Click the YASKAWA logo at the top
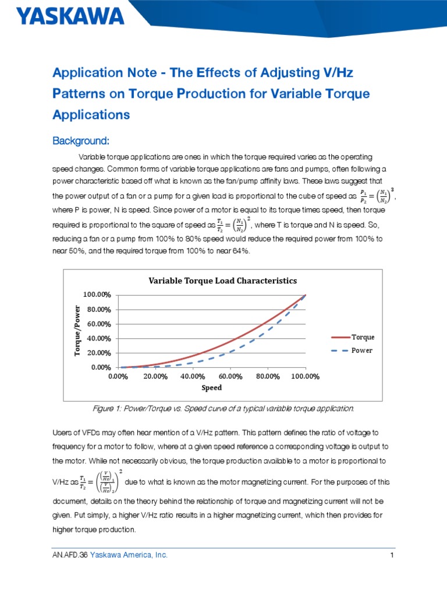(x=71, y=15)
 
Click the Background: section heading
(x=81, y=141)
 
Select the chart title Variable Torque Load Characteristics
(x=223, y=281)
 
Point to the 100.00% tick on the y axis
(x=97, y=295)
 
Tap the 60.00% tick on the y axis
(x=99, y=324)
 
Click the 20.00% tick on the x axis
(x=155, y=377)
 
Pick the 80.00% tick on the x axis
(x=268, y=377)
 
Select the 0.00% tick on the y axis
(x=101, y=367)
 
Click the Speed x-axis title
(x=212, y=388)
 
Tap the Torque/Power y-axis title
(x=77, y=331)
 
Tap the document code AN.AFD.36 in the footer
(x=70, y=555)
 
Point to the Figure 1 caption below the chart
(x=223, y=409)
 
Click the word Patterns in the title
(x=76, y=93)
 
